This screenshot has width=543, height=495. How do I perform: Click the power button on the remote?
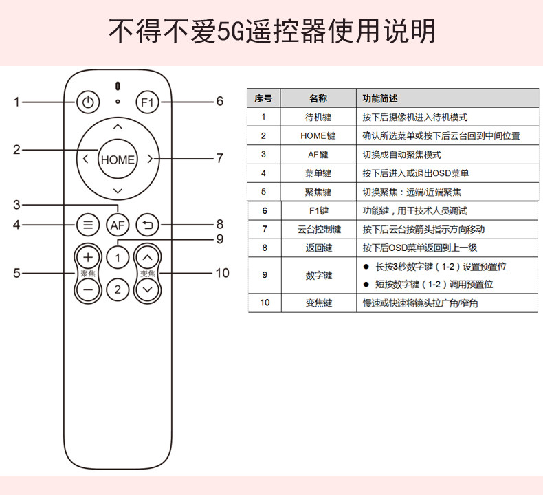[87, 103]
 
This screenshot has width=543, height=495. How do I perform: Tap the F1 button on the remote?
[148, 103]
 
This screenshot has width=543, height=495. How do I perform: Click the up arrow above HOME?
[118, 127]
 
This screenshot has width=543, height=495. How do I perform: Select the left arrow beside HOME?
[85, 159]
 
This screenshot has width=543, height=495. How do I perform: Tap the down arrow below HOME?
[118, 190]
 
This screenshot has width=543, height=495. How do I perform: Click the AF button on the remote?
[118, 224]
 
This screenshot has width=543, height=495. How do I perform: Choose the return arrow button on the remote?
[148, 224]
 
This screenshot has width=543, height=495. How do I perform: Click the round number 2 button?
[118, 289]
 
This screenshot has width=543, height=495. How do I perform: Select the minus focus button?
[87, 289]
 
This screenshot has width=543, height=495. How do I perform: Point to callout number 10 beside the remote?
[221, 273]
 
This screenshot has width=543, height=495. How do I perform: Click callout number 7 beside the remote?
[220, 158]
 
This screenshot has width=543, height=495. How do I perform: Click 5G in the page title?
[230, 31]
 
